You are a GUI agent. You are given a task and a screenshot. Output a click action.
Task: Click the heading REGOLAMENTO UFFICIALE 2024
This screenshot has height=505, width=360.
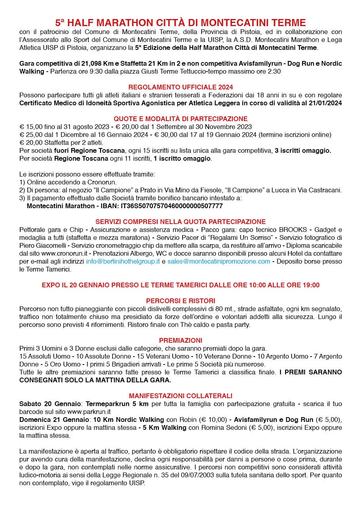click(181, 87)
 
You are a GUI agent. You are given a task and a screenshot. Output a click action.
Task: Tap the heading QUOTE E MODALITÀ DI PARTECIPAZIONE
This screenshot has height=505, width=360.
click(181, 119)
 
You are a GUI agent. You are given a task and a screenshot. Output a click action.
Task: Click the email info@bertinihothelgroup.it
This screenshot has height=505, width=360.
click(123, 262)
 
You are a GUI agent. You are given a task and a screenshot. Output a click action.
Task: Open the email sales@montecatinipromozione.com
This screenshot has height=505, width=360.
click(219, 262)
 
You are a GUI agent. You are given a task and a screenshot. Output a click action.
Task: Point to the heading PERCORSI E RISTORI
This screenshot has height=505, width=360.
click(181, 301)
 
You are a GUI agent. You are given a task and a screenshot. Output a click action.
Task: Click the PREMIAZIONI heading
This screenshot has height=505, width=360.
click(181, 340)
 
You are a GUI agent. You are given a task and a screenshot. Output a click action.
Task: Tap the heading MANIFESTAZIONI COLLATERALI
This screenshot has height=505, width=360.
click(181, 396)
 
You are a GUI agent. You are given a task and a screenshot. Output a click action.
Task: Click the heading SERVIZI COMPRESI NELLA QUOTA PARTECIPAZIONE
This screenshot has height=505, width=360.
click(181, 222)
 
